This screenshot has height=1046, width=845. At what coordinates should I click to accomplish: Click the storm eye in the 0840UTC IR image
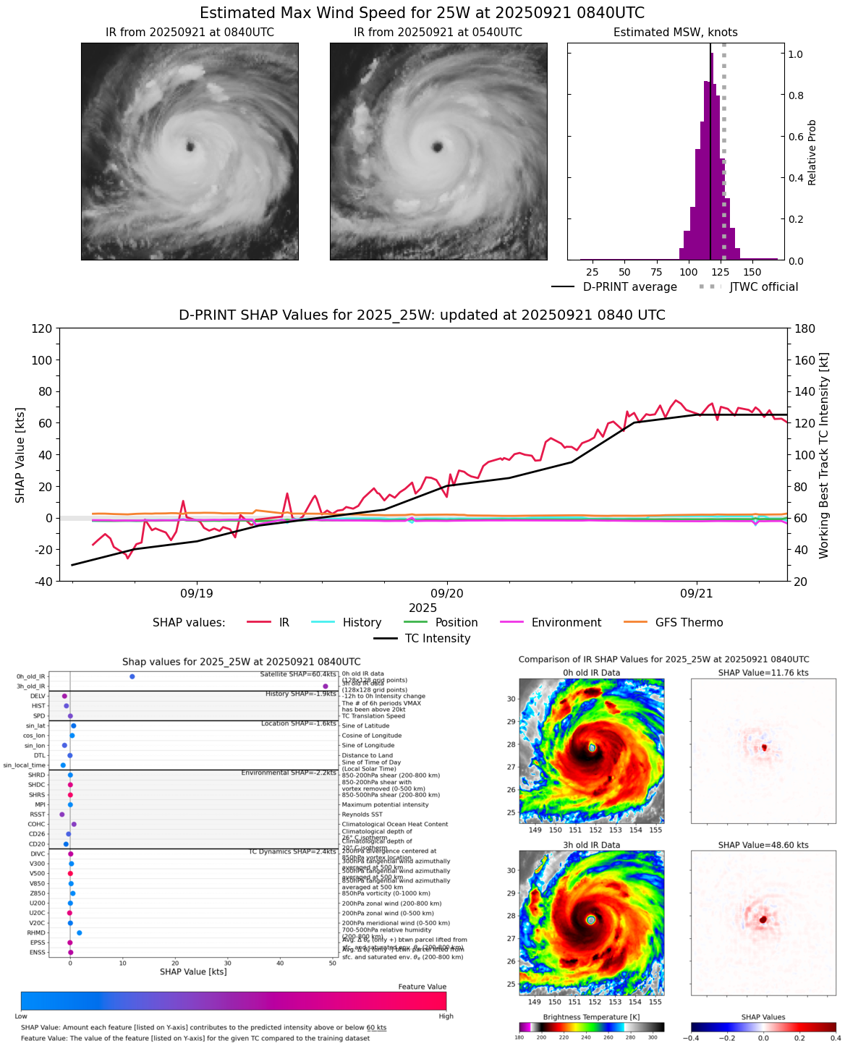pyautogui.click(x=190, y=147)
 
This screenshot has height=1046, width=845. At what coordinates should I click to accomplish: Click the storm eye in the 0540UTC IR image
pyautogui.click(x=437, y=148)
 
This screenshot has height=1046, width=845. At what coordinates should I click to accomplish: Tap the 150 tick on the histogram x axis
pyautogui.click(x=752, y=272)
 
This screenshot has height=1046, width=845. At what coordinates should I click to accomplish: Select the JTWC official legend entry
pyautogui.click(x=763, y=287)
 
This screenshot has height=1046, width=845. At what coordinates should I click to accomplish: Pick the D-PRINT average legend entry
pyautogui.click(x=629, y=287)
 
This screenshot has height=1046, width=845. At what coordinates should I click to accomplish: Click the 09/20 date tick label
pyautogui.click(x=447, y=594)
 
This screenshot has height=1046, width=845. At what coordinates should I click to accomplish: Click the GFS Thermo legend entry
pyautogui.click(x=689, y=623)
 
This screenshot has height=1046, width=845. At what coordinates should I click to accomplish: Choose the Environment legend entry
pyautogui.click(x=566, y=623)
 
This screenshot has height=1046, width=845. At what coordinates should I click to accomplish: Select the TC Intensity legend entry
pyautogui.click(x=437, y=639)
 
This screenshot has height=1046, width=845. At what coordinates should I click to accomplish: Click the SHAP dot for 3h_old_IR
pyautogui.click(x=326, y=686)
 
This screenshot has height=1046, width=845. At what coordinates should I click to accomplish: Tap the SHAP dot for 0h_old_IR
pyautogui.click(x=132, y=676)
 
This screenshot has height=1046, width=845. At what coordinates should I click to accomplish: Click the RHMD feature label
pyautogui.click(x=36, y=933)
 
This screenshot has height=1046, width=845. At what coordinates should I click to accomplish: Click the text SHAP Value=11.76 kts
pyautogui.click(x=763, y=673)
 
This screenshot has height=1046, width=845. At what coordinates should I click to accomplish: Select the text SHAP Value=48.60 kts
pyautogui.click(x=763, y=846)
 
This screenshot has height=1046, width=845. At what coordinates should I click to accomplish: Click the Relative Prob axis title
pyautogui.click(x=812, y=152)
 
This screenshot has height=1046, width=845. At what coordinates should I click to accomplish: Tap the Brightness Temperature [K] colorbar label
pyautogui.click(x=591, y=1017)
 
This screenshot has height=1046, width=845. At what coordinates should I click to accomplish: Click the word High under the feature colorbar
pyautogui.click(x=446, y=1016)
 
